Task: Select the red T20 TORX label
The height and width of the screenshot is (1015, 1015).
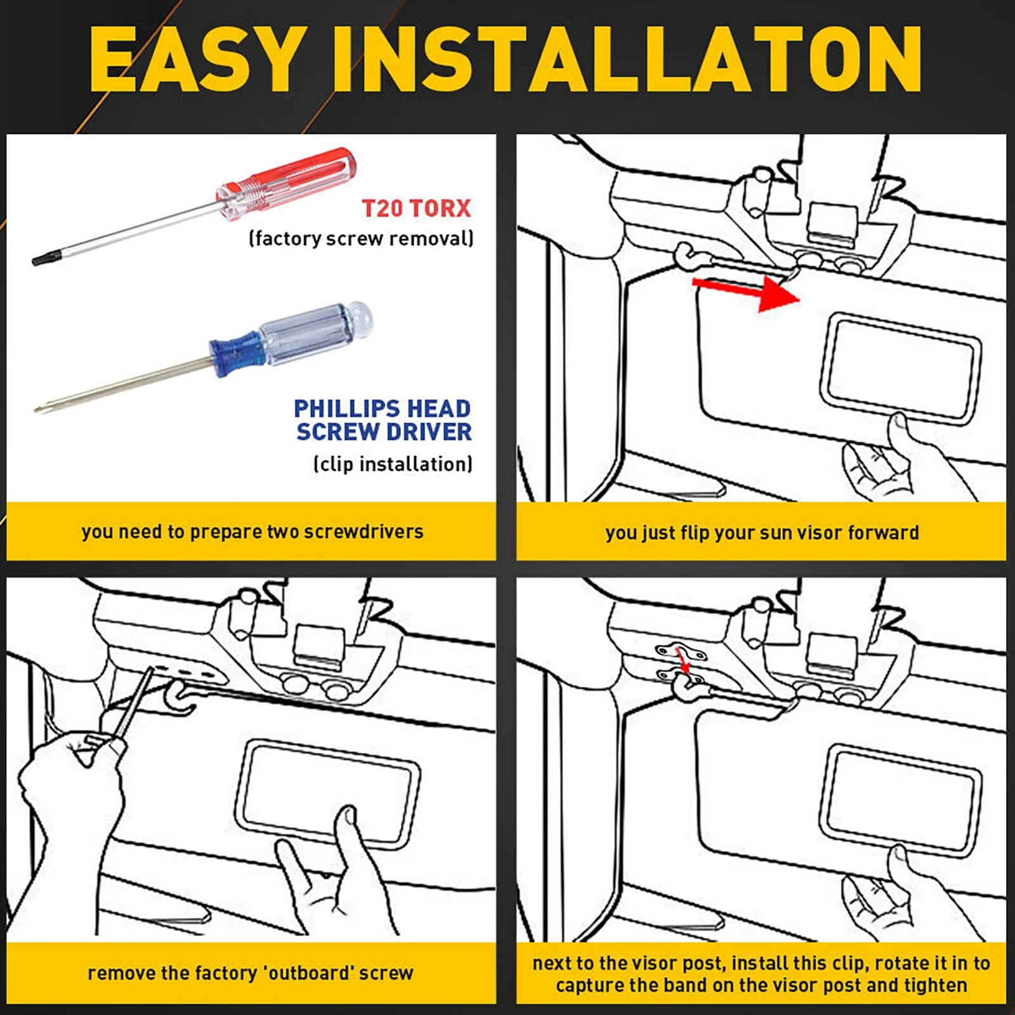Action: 416,208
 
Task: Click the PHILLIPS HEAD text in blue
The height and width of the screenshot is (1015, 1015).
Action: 382,408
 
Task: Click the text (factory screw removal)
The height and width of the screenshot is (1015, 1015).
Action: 361,239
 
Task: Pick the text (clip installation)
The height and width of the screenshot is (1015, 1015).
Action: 393,464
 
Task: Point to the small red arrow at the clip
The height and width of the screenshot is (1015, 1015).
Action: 683,660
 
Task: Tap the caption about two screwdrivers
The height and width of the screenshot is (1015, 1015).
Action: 252,532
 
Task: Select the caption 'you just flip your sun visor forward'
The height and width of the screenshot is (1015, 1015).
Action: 762,532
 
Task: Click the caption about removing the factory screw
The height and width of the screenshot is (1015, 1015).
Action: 251,972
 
